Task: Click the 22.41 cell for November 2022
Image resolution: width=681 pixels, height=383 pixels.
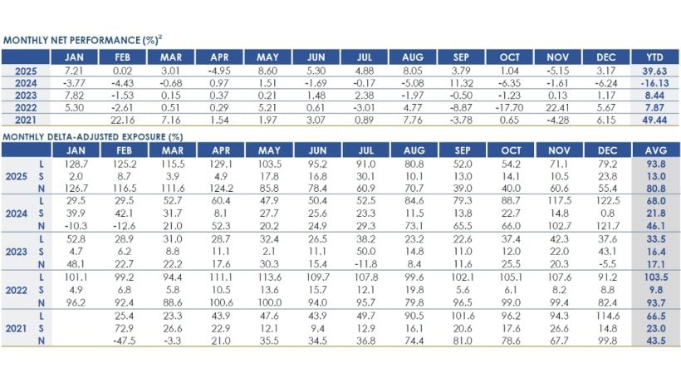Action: click(555, 106)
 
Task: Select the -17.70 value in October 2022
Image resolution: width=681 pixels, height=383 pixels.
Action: click(509, 106)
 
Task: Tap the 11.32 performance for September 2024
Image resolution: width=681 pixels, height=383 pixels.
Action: click(462, 83)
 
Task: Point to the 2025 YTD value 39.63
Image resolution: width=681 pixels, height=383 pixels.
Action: click(654, 71)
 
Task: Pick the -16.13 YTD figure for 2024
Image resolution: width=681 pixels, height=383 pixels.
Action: click(654, 83)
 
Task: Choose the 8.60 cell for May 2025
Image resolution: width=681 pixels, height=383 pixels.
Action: click(268, 71)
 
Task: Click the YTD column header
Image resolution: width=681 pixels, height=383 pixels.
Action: click(654, 57)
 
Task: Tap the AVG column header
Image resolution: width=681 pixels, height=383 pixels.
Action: click(654, 150)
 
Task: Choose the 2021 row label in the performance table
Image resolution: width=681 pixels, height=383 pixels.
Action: click(25, 119)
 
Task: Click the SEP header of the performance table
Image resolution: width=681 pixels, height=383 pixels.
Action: click(462, 57)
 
